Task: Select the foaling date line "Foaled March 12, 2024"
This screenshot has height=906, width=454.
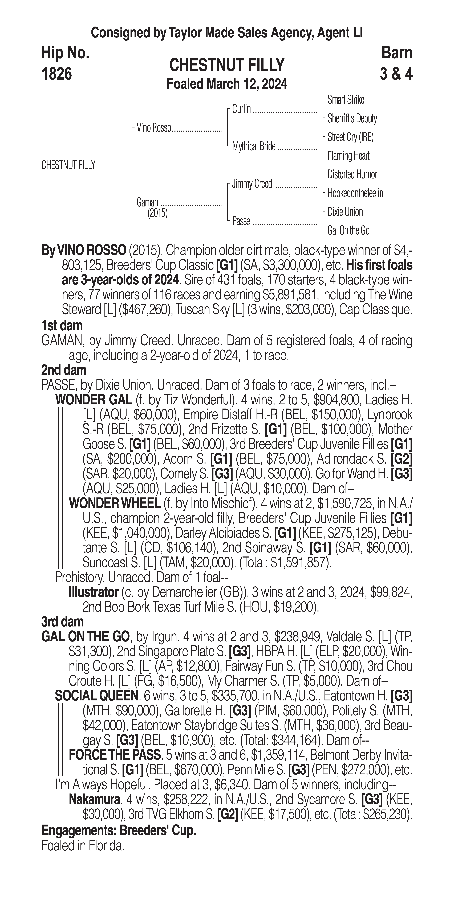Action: coord(227,84)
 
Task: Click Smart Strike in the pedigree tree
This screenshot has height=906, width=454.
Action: coord(346,100)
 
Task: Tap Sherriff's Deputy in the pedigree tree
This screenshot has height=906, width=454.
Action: coord(352,119)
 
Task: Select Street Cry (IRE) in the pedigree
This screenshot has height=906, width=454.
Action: coord(350,137)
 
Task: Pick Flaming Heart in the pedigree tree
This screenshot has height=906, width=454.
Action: coord(348,156)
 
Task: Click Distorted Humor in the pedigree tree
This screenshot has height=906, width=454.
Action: coord(352,174)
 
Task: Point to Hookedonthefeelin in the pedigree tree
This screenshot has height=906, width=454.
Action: coord(355,193)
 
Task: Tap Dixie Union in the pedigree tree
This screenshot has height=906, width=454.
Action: coord(345,212)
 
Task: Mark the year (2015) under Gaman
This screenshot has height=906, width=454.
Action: coord(157,213)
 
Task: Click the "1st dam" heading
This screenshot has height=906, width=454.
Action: coord(62,326)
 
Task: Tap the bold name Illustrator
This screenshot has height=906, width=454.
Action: coord(94,592)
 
